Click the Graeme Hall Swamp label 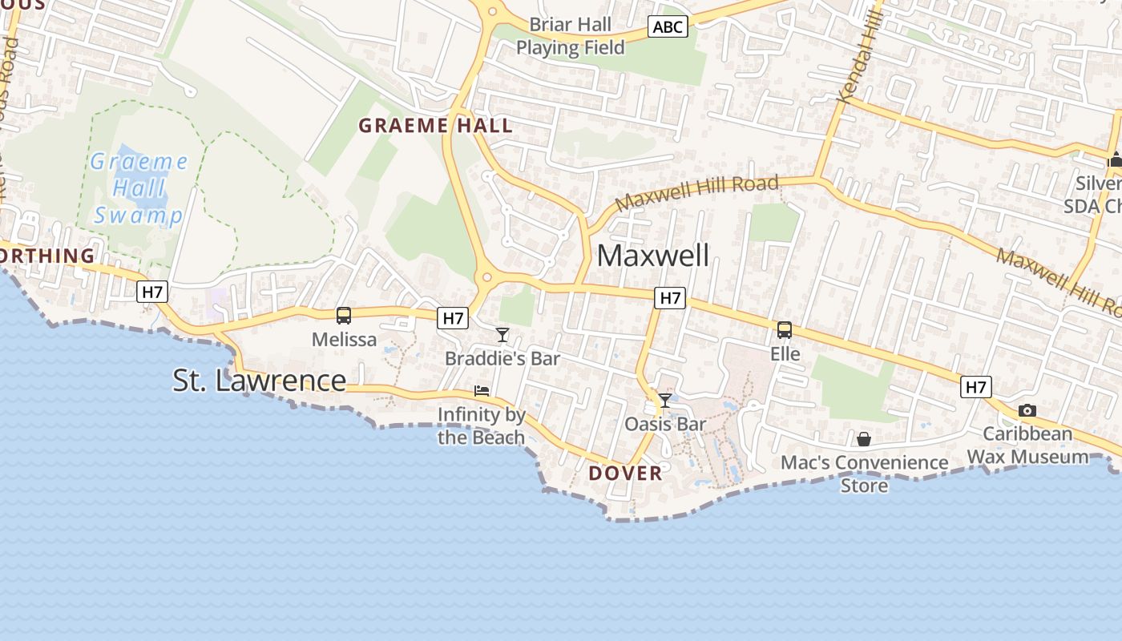tap(138, 188)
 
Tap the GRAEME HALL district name tap(435, 126)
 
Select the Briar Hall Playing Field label tap(570, 36)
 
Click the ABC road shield tap(668, 27)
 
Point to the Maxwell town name tap(653, 256)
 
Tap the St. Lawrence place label tap(259, 381)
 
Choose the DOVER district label tap(625, 473)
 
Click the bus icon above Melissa tap(344, 316)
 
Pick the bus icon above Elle tap(785, 329)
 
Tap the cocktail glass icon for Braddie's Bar tap(502, 334)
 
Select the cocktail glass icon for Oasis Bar tap(665, 400)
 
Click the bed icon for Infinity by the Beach tap(482, 391)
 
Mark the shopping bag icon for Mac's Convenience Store tap(864, 439)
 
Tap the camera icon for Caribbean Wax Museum tap(1027, 410)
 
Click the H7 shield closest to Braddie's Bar tap(453, 318)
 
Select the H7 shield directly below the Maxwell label tap(669, 299)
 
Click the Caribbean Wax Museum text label tap(1028, 445)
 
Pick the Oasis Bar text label tap(665, 424)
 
